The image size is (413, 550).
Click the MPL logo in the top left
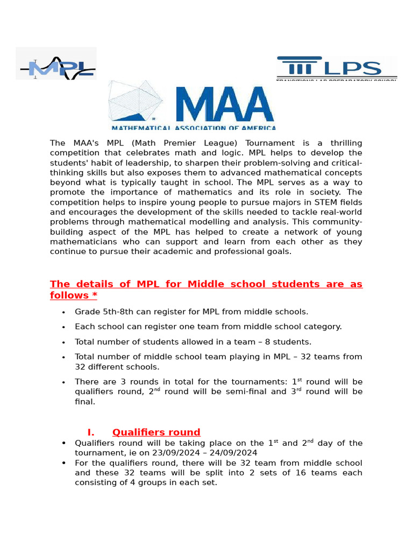[56, 64]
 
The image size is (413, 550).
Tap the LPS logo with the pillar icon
[337, 68]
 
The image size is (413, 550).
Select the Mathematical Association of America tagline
[194, 128]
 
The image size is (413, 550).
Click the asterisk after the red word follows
[94, 295]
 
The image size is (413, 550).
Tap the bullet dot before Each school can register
[64, 327]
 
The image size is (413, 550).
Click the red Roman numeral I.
[91, 432]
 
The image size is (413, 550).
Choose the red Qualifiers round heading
[156, 432]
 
